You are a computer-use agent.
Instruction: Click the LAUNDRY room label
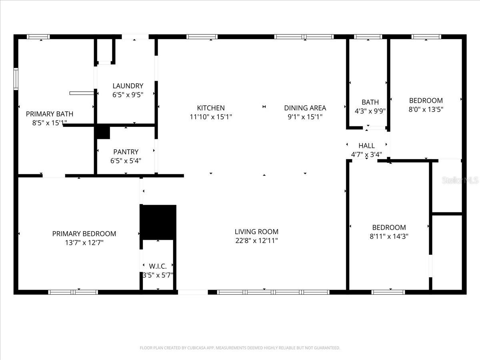(128, 86)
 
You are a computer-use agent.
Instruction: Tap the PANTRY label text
(126, 152)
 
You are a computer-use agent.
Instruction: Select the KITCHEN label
(211, 108)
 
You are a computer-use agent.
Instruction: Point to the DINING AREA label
(305, 108)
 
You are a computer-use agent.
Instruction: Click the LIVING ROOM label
(256, 232)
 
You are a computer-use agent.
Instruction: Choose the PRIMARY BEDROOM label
(84, 234)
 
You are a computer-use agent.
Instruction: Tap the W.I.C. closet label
(158, 266)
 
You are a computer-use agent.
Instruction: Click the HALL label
(366, 146)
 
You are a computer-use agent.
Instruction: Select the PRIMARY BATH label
(50, 114)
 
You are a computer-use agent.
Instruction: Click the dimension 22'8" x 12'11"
(256, 241)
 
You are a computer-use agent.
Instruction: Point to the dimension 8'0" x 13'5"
(426, 109)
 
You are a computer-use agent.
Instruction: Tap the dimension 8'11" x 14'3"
(389, 236)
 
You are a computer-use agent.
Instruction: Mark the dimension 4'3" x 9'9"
(370, 111)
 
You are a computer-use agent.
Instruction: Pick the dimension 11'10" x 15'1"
(211, 117)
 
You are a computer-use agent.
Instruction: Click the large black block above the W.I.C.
(158, 222)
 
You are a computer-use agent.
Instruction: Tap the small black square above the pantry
(102, 132)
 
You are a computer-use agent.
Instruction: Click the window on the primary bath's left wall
(16, 78)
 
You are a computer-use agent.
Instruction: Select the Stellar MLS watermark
(460, 180)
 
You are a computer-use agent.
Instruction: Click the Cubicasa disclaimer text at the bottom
(240, 348)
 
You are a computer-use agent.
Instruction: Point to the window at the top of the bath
(368, 37)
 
